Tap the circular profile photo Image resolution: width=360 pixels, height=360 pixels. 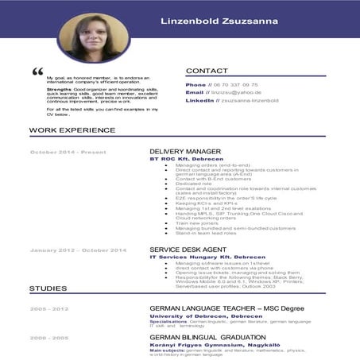click(x=95, y=35)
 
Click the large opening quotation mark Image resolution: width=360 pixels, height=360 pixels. click(x=37, y=73)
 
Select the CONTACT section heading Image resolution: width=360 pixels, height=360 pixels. click(x=206, y=71)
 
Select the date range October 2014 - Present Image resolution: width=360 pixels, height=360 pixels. click(x=68, y=151)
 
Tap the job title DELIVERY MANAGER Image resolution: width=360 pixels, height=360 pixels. click(x=185, y=150)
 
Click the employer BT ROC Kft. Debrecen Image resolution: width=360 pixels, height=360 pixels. click(x=187, y=158)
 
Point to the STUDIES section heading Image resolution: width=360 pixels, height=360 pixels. click(x=48, y=288)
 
